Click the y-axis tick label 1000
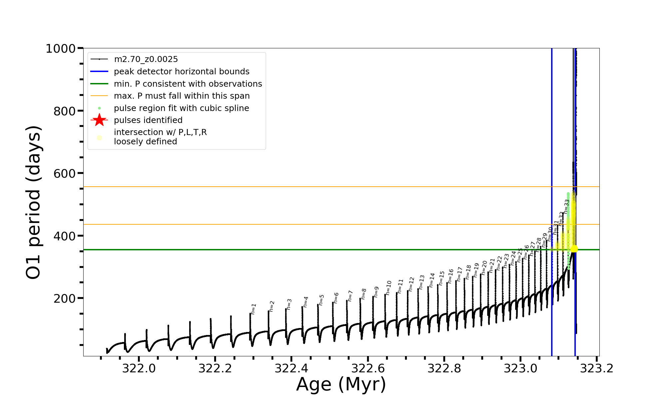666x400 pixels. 61,49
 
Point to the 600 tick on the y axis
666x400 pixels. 65,173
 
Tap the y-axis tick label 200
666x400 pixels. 65,298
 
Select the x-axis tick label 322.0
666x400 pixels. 139,369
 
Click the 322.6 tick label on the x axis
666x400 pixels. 368,369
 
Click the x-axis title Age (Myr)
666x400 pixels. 341,384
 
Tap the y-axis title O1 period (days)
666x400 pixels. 33,202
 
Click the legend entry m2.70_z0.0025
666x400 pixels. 146,59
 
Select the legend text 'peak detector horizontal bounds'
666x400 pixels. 181,72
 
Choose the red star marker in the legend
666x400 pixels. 99,120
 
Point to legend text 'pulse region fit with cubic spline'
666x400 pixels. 181,108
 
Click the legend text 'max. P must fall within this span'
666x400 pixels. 181,96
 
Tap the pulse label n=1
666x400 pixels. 254,309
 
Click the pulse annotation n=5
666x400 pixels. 321,300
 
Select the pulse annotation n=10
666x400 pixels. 389,287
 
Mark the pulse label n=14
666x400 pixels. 432,280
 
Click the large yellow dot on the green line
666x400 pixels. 574,249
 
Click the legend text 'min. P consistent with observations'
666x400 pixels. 188,84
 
